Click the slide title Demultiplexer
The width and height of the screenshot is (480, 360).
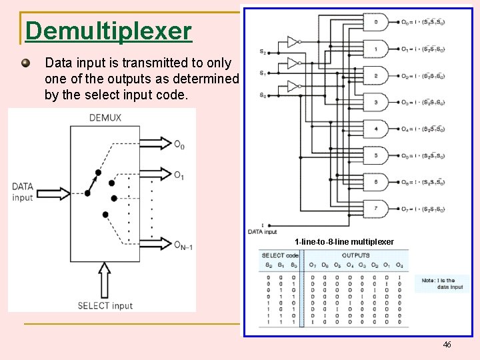[109, 31]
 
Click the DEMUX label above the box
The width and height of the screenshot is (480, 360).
[105, 118]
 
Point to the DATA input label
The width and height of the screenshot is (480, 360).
[23, 191]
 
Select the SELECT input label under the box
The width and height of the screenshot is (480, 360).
[105, 305]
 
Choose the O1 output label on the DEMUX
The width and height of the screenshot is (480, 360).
[179, 175]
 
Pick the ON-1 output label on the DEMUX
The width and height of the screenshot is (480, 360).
[183, 245]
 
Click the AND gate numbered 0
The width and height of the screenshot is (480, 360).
[376, 23]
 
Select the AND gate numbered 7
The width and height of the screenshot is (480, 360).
[376, 209]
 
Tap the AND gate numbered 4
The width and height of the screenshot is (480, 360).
[376, 129]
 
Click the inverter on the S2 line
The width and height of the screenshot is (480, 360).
[293, 42]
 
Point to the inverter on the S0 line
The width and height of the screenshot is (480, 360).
[293, 86]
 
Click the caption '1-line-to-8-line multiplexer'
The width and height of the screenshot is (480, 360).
[344, 241]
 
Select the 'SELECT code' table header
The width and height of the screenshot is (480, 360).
[280, 255]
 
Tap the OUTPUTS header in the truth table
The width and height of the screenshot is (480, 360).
[355, 255]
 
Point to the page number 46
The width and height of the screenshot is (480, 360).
[447, 344]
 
